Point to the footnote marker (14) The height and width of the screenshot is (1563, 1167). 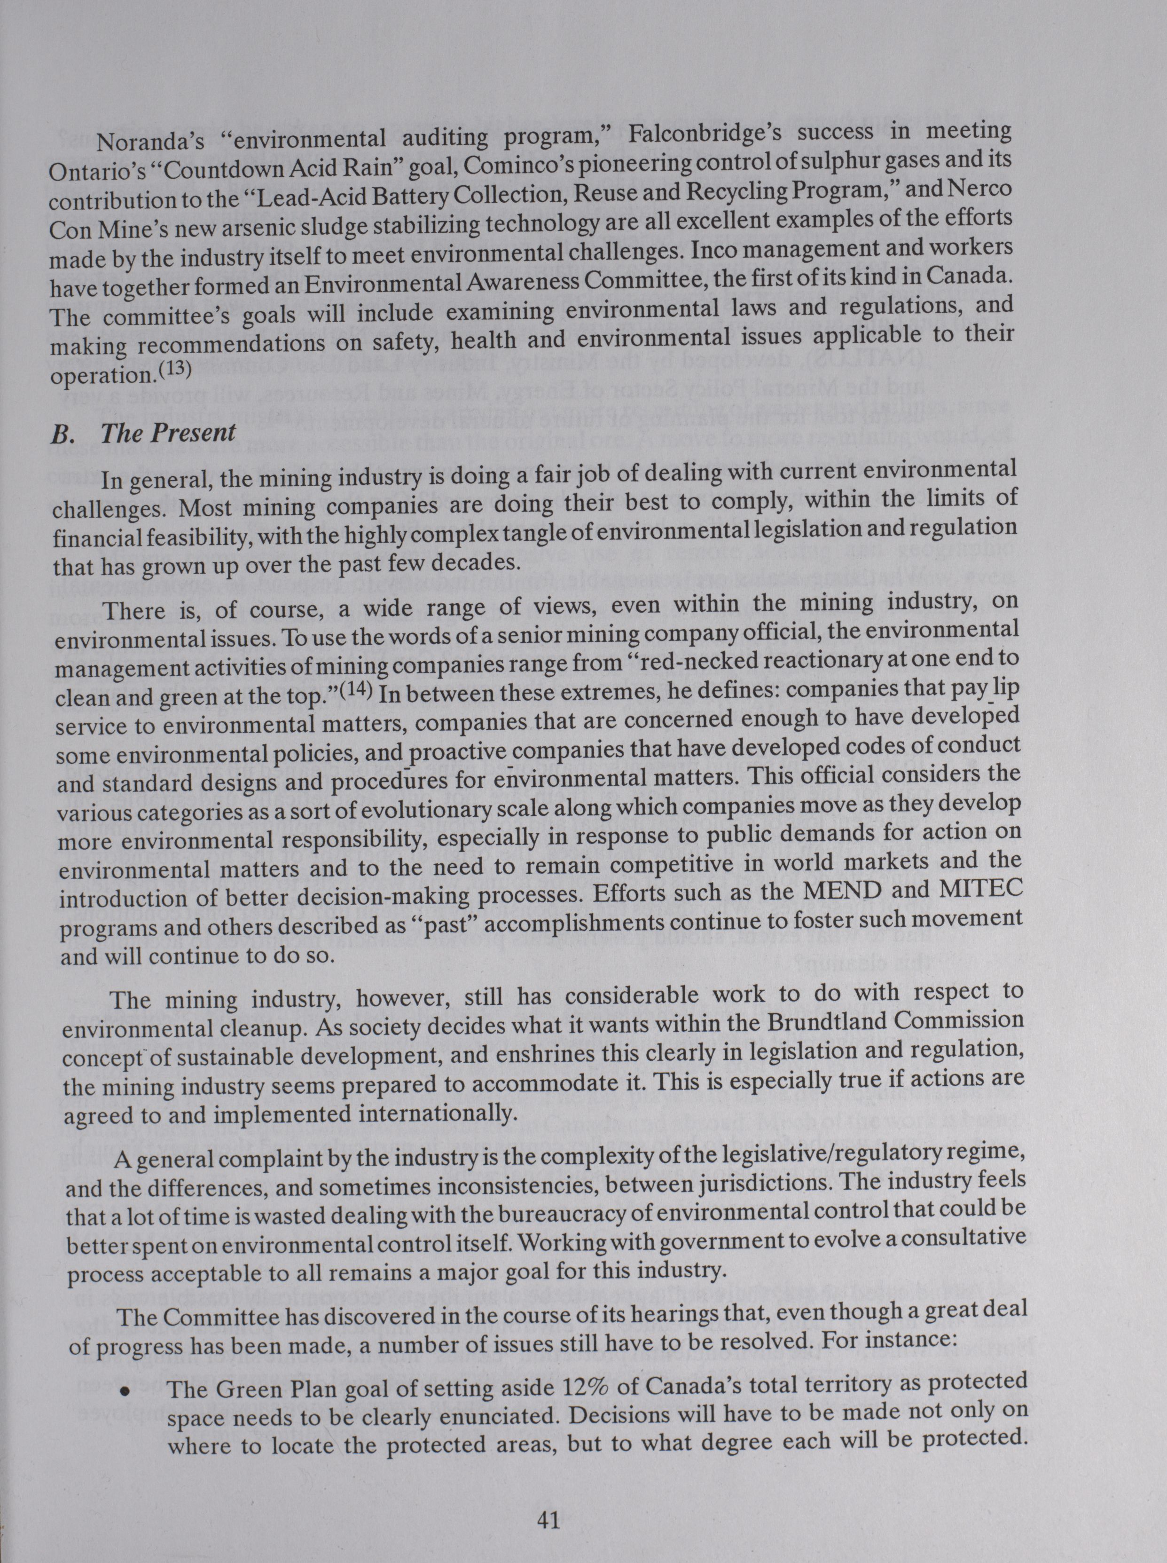tap(358, 690)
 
